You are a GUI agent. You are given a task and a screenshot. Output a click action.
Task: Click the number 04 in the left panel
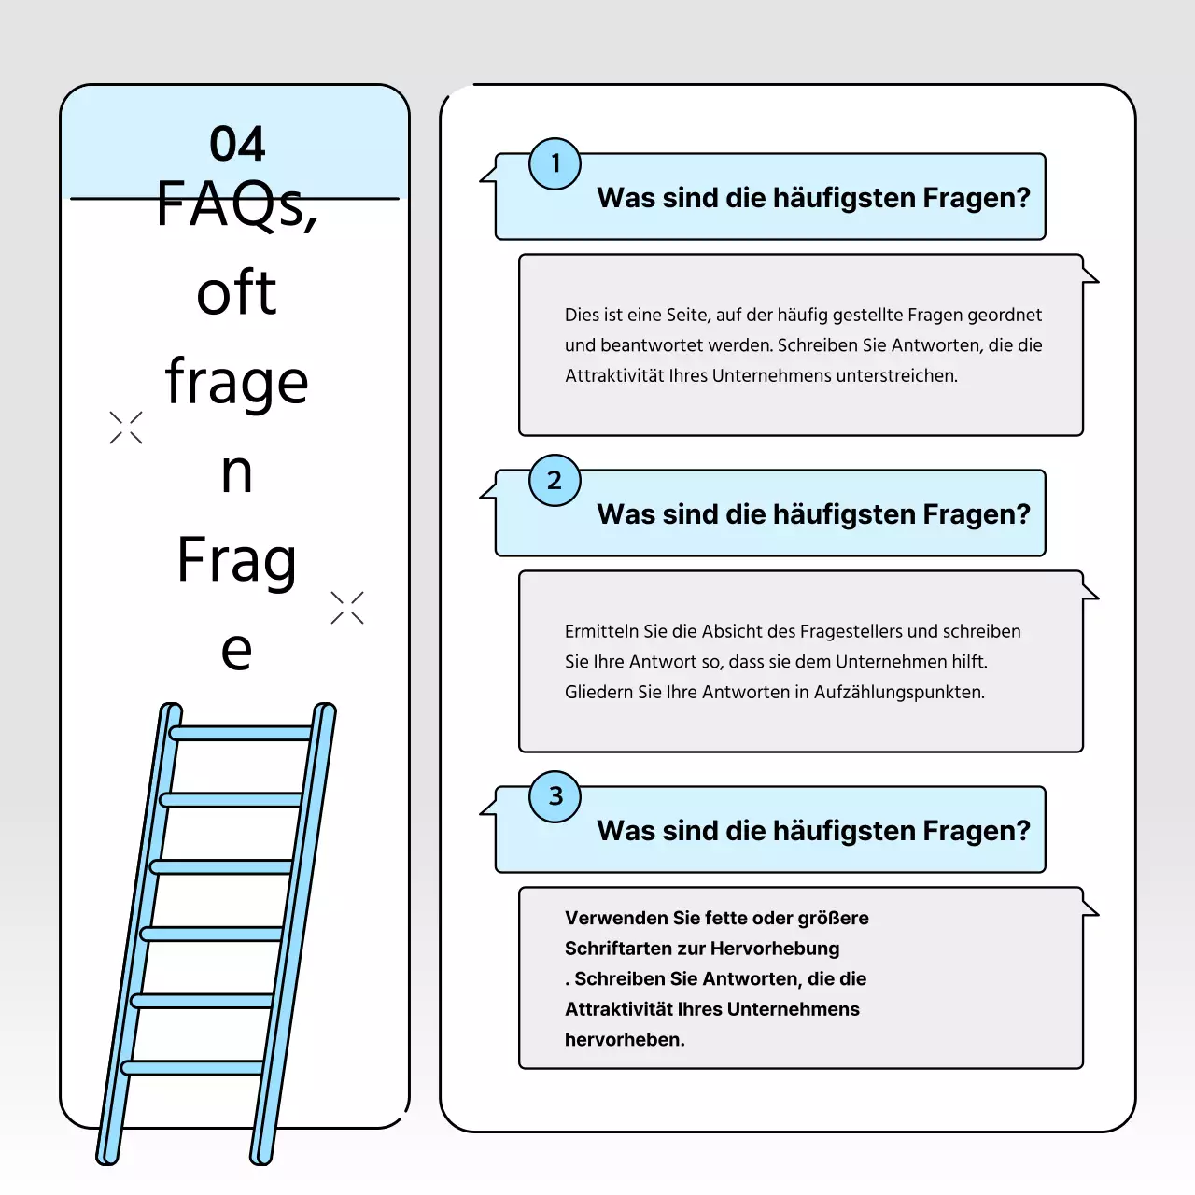tap(237, 144)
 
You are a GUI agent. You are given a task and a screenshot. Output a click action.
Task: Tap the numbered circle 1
tap(555, 163)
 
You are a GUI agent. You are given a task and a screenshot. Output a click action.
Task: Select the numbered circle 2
tap(555, 480)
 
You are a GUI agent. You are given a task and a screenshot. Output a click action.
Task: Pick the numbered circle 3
tap(555, 796)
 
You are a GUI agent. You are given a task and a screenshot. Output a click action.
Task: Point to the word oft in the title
tap(236, 292)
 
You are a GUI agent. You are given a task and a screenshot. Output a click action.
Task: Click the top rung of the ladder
tap(241, 733)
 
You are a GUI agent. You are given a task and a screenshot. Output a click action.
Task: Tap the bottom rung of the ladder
tap(193, 1067)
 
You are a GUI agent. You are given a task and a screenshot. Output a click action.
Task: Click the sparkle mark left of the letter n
tap(126, 428)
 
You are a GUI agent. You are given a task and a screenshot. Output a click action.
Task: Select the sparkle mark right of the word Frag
tap(347, 608)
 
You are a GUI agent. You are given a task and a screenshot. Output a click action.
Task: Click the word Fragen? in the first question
tap(977, 198)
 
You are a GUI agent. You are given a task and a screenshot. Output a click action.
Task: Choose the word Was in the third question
tap(626, 831)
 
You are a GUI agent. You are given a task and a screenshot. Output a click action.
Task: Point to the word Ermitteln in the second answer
tap(601, 631)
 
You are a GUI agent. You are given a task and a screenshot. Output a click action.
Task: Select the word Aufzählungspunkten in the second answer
tap(899, 693)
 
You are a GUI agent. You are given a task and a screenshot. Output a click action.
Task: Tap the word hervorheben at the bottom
tap(623, 1040)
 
